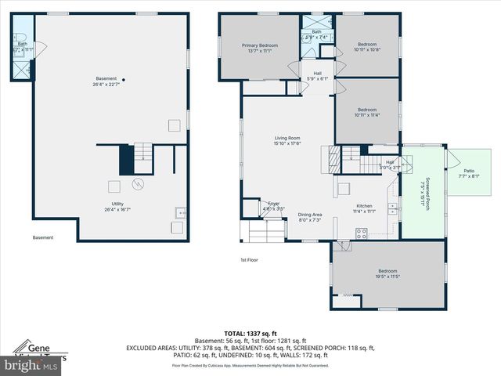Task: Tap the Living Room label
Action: click(287, 141)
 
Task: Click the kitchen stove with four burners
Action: click(362, 232)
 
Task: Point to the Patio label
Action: click(469, 173)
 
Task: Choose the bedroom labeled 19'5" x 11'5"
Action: click(388, 273)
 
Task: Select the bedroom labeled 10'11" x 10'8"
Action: click(368, 46)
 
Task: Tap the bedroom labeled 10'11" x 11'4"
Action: click(368, 112)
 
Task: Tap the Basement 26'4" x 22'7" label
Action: click(106, 81)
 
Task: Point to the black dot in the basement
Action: click(123, 79)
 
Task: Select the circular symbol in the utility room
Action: click(139, 185)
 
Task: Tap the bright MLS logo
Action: click(31, 365)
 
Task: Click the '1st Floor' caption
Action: click(249, 260)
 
